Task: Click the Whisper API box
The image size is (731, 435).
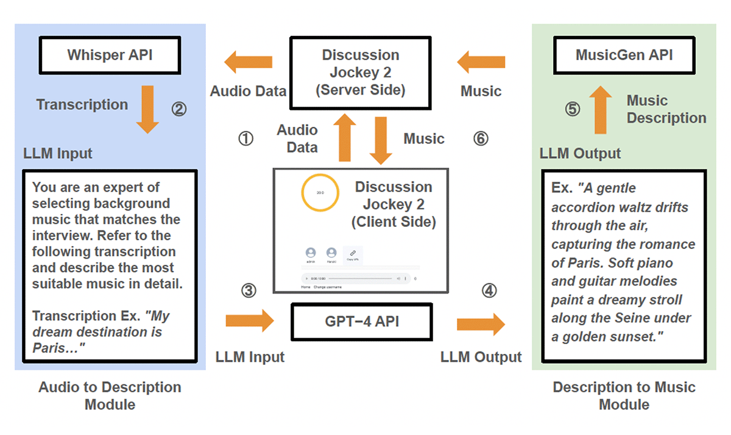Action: (110, 55)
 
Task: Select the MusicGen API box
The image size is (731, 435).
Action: (624, 55)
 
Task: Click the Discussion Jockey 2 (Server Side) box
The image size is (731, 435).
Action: (360, 72)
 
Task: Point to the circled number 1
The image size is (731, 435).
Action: (245, 139)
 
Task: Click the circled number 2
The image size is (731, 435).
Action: (178, 110)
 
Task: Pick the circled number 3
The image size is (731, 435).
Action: (249, 291)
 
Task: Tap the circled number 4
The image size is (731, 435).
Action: (489, 291)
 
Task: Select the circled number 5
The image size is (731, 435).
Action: (573, 110)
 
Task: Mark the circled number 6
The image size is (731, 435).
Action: (481, 139)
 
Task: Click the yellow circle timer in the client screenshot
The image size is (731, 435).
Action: (320, 192)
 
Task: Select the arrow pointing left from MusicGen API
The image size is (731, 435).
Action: (481, 62)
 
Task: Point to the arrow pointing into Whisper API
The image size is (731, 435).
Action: (248, 62)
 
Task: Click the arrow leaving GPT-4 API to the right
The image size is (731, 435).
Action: (481, 324)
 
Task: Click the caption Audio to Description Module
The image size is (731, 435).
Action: (110, 395)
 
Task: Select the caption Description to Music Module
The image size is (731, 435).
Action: (624, 395)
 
